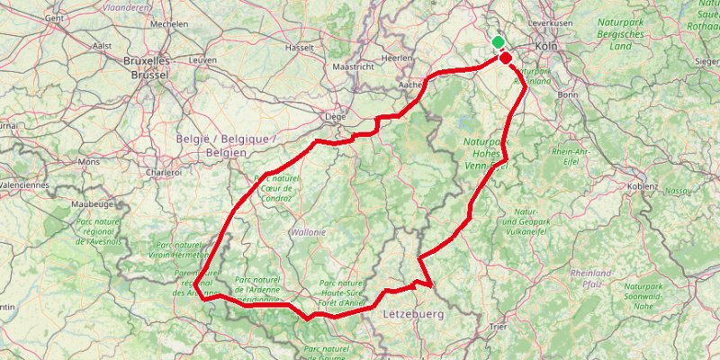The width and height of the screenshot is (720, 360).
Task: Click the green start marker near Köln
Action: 498,42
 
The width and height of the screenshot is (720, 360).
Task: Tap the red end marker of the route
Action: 506,58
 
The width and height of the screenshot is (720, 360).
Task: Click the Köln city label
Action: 546,46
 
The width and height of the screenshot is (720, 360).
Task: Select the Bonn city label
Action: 568,94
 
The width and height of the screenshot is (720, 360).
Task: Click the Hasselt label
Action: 299,47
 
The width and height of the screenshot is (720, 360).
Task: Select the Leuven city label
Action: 203,59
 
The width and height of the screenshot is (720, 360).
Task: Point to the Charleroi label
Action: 164,171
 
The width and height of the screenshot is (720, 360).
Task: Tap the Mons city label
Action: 89,162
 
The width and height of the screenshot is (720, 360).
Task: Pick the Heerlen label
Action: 397,58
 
